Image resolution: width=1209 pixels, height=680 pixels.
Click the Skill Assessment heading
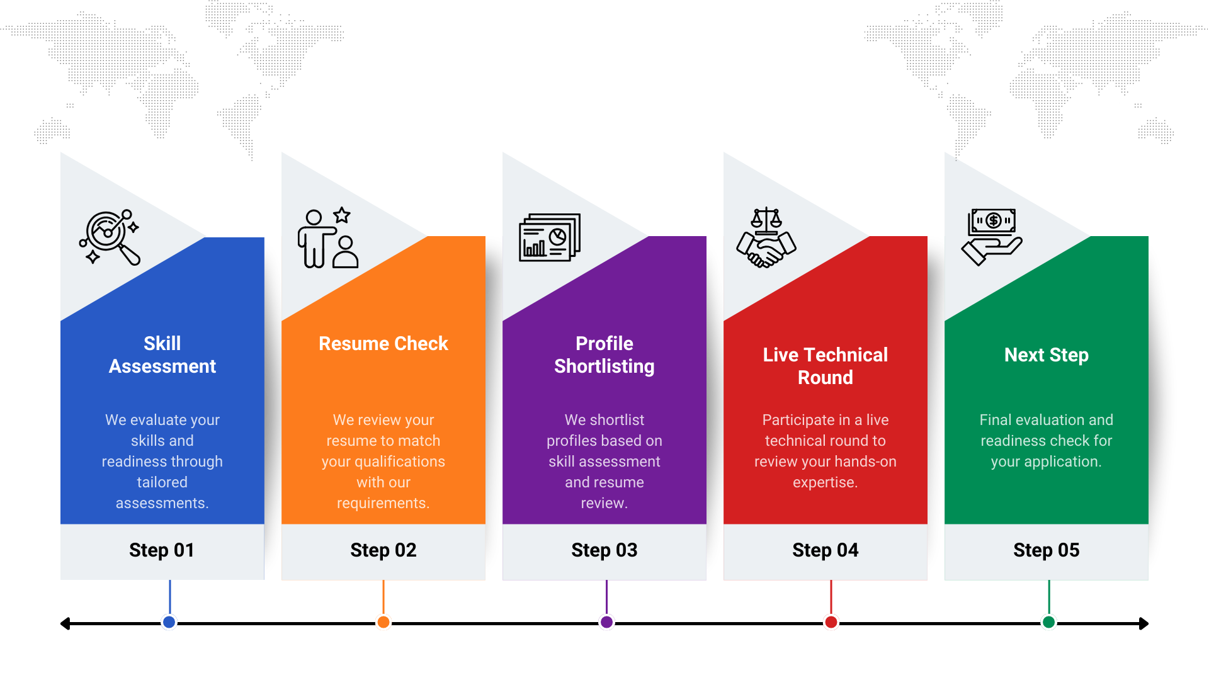[x=162, y=354]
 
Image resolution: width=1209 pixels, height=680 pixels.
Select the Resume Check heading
[x=383, y=344]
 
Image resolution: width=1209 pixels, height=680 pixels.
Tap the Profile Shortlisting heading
[x=604, y=354]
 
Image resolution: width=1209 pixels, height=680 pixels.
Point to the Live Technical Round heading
[x=825, y=366]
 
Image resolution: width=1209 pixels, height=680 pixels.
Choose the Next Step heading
[x=1046, y=355]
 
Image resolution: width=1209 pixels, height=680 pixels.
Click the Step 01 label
[x=162, y=550]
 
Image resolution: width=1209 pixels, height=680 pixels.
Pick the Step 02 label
[x=383, y=550]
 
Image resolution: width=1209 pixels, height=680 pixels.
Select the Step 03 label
[x=604, y=550]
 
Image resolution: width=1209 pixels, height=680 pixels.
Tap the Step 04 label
[x=825, y=550]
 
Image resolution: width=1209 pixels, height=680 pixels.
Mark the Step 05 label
[x=1046, y=550]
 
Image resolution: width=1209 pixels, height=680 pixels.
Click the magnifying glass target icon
[x=110, y=237]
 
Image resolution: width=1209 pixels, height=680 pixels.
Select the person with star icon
[x=328, y=238]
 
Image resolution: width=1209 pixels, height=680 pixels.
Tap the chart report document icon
[x=549, y=237]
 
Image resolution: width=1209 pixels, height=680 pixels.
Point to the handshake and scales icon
[x=766, y=238]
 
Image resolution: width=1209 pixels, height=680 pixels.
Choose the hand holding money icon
[x=992, y=237]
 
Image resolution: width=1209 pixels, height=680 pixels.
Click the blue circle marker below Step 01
[x=169, y=622]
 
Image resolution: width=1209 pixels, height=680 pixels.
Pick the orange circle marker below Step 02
[x=383, y=622]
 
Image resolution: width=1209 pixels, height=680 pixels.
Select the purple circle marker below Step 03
[x=606, y=622]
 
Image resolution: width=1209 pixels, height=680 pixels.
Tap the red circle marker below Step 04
[x=831, y=622]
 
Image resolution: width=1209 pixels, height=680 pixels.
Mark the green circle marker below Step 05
[x=1048, y=622]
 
